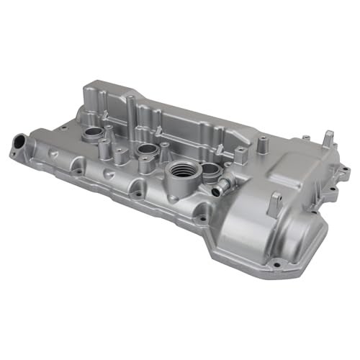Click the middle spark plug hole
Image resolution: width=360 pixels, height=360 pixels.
point(147,150)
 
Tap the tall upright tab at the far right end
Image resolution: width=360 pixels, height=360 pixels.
point(328,138)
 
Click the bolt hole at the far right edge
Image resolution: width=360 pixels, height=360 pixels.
point(333,192)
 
